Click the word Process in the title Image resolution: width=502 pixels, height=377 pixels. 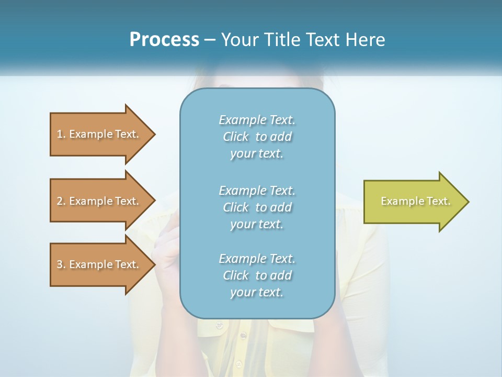tap(164, 40)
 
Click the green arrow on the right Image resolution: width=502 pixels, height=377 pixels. tap(413, 202)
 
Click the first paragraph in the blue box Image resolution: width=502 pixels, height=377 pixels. tap(257, 137)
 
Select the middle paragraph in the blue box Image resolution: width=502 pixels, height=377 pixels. tap(257, 207)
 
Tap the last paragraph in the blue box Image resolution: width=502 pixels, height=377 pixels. tap(257, 275)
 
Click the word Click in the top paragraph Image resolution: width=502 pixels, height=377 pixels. tap(236, 137)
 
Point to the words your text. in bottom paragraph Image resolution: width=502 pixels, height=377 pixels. tap(257, 292)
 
